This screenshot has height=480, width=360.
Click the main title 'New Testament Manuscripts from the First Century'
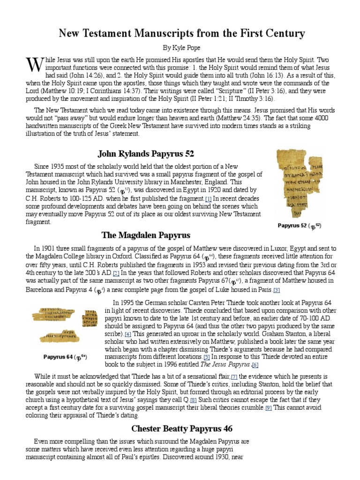point(181,33)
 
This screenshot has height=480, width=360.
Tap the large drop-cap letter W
point(35,65)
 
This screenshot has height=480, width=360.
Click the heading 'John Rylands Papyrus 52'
point(146,154)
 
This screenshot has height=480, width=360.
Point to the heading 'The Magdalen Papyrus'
point(146,235)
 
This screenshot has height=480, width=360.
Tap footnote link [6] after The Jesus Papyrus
point(255,365)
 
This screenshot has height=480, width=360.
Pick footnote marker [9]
point(268,408)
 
